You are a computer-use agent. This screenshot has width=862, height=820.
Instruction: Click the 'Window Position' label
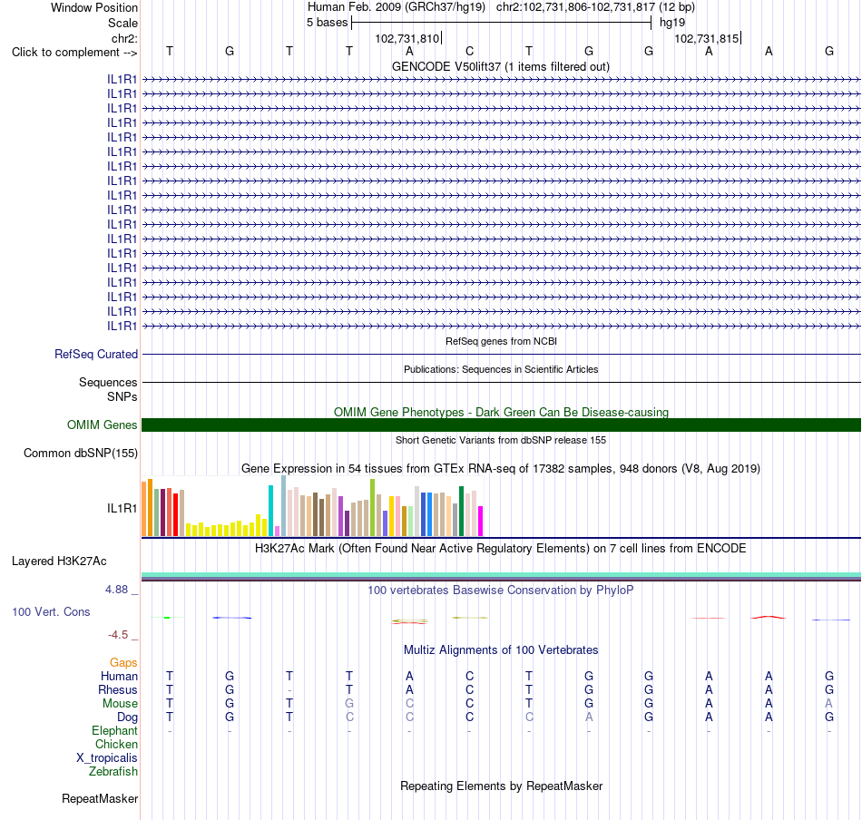[x=94, y=7]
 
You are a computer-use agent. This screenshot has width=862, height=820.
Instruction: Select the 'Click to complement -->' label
[x=74, y=53]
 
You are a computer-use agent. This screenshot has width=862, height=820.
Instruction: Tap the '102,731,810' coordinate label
[x=407, y=38]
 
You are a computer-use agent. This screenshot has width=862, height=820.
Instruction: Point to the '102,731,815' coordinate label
[x=707, y=38]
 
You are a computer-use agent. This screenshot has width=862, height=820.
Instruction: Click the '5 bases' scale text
[x=327, y=23]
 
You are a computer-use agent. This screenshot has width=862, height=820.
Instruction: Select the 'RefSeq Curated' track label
[x=96, y=354]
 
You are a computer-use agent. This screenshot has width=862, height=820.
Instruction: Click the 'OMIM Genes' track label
[x=103, y=425]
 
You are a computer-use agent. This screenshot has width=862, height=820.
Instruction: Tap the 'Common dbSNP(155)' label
[x=81, y=453]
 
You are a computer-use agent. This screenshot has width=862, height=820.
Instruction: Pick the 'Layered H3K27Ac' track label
[x=59, y=561]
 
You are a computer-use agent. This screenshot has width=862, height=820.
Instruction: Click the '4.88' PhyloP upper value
[x=116, y=590]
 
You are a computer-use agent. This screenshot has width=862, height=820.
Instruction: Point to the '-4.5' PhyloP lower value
[x=118, y=635]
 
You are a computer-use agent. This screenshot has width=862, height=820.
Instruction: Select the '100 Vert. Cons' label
[x=51, y=611]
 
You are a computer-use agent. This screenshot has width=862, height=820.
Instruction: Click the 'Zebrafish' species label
[x=113, y=771]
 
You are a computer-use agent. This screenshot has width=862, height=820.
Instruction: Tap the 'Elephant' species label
[x=114, y=730]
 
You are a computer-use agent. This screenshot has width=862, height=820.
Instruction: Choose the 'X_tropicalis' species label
[x=107, y=758]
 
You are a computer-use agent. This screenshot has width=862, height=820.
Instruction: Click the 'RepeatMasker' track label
[x=100, y=798]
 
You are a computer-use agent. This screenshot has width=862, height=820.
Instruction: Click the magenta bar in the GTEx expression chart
[x=481, y=521]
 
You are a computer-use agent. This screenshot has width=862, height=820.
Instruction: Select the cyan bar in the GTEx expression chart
[x=270, y=511]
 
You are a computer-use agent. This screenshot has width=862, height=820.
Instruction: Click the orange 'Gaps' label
[x=123, y=662]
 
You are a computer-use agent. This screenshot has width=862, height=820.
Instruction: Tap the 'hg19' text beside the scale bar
[x=672, y=23]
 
